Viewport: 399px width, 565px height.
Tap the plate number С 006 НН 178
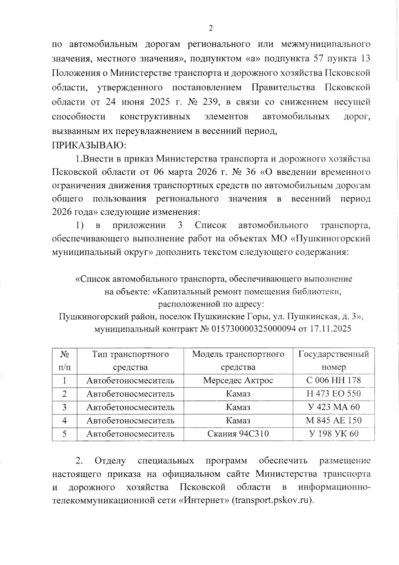point(333,380)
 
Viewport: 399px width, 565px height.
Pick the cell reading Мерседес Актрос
point(238,380)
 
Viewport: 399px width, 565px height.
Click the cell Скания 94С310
point(238,433)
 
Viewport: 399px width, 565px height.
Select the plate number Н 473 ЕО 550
point(333,394)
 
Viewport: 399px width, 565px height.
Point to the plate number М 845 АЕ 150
point(333,420)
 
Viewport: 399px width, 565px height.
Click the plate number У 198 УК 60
point(333,433)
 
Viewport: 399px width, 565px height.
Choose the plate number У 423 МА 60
point(333,407)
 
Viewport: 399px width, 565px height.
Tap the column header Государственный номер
point(333,360)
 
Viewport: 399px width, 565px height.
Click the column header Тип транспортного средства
point(130,360)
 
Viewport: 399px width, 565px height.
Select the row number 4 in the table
point(65,420)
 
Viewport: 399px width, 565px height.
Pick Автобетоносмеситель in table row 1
point(130,380)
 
